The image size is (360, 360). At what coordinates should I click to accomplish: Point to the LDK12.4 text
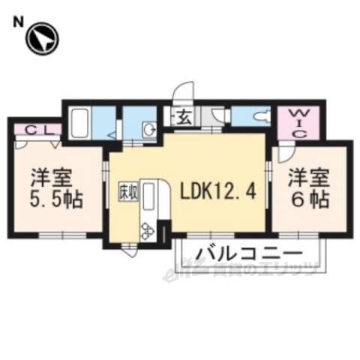pyautogui.click(x=220, y=191)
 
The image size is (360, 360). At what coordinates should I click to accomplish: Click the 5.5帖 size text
pyautogui.click(x=56, y=201)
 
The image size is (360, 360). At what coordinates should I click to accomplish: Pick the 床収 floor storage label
pyautogui.click(x=125, y=191)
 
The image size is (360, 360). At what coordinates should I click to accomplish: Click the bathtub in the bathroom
pyautogui.click(x=79, y=122)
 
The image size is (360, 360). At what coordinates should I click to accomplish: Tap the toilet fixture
pyautogui.click(x=259, y=118)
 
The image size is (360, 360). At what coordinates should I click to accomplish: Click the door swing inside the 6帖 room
pyautogui.click(x=286, y=154)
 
